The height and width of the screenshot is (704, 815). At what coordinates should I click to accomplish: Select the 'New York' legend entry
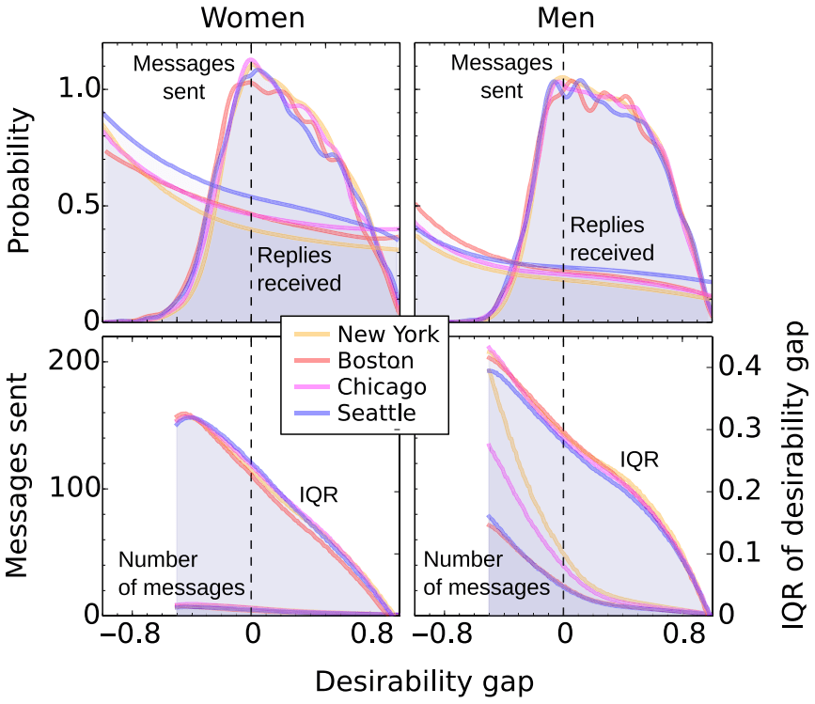[x=381, y=334]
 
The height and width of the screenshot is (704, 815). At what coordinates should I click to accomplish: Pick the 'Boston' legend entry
[x=374, y=360]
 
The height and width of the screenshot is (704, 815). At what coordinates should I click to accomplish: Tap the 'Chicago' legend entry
[x=381, y=386]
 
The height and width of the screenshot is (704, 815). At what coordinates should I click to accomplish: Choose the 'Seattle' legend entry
[x=376, y=413]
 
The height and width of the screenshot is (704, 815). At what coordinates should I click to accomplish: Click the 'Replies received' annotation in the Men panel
[x=612, y=239]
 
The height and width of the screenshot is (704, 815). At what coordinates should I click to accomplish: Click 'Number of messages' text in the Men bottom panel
[x=486, y=573]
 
